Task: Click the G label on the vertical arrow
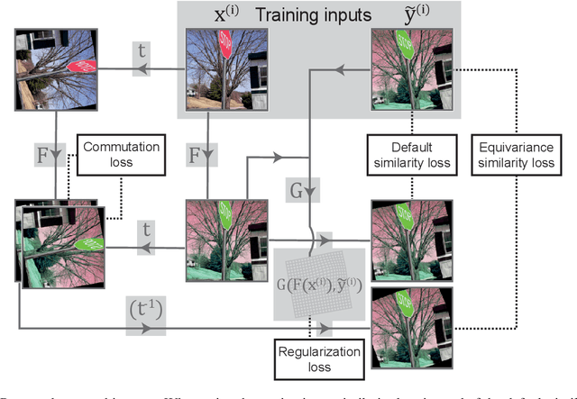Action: [x=309, y=189]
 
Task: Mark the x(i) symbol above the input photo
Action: [x=215, y=15]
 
